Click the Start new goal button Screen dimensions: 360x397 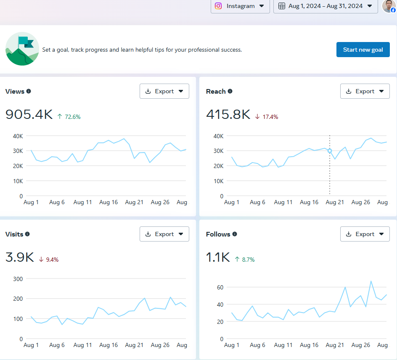[x=363, y=50]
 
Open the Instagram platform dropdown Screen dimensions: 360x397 [x=240, y=6]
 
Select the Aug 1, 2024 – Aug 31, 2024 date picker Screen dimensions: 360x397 [x=325, y=6]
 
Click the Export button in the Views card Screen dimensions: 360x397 [x=164, y=91]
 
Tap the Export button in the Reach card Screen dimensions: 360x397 [x=365, y=91]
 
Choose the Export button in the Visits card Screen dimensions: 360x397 [x=164, y=234]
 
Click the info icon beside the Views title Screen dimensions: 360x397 [x=29, y=91]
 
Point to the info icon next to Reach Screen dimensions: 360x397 [x=230, y=91]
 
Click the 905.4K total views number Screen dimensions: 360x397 [x=29, y=114]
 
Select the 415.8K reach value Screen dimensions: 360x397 [x=228, y=114]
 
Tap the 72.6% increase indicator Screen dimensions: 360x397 [x=69, y=117]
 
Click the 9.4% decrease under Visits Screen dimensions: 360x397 [x=49, y=260]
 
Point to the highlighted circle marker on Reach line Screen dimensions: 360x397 [x=330, y=151]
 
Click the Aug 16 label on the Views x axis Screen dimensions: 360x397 [x=109, y=202]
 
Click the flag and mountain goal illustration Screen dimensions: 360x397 [x=22, y=49]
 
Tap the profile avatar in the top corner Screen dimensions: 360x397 [x=388, y=6]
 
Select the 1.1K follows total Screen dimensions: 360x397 [x=218, y=257]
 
